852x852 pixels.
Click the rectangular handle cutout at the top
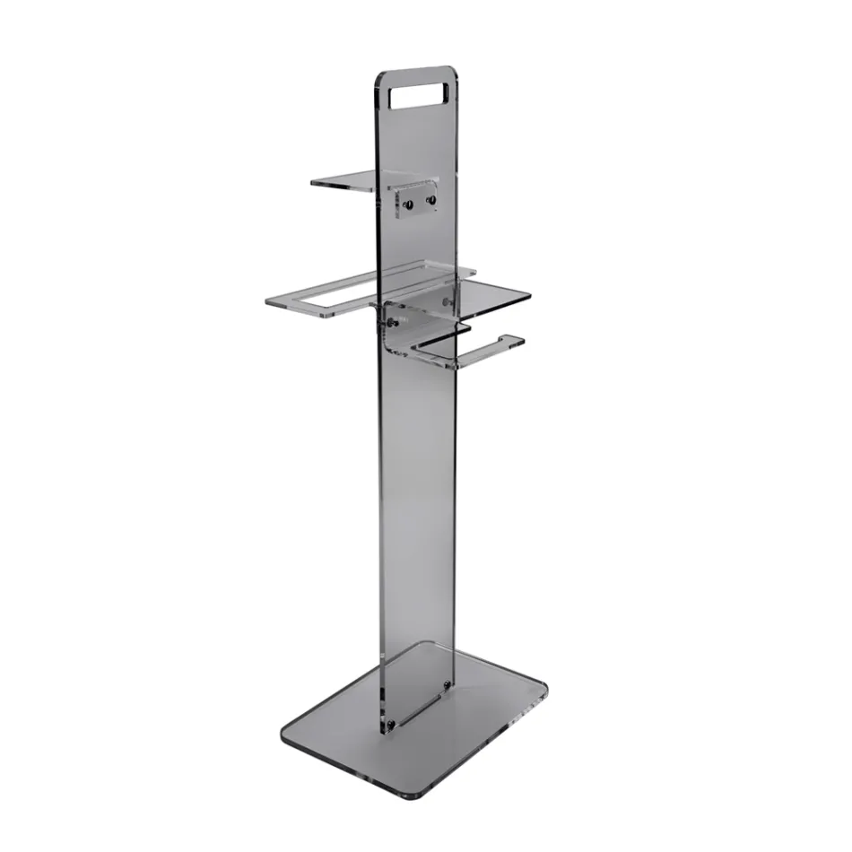[419, 96]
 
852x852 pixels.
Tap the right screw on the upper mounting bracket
[431, 199]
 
